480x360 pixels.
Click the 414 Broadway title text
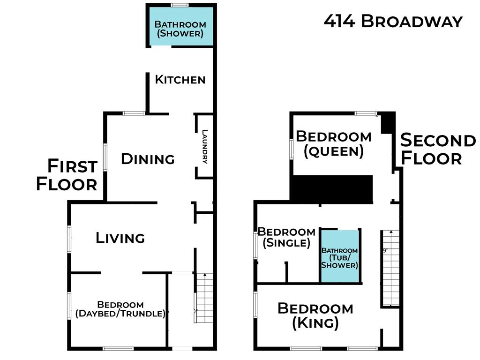coord(393,22)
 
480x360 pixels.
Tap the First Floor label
coord(67,175)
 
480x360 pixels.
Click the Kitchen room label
coord(180,80)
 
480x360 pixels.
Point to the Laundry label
coord(205,146)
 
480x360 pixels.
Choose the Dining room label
coord(148,159)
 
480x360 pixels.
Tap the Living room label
coord(120,238)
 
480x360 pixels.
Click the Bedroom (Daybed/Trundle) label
coord(120,309)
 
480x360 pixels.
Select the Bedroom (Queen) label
coord(333,144)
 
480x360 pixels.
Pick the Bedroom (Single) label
coord(286,237)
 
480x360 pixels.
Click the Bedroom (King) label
coord(315,315)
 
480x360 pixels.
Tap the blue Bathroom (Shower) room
coord(180,29)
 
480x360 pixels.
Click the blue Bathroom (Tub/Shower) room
coord(339,257)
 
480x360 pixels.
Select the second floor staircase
coord(390,267)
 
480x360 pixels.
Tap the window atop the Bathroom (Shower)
coord(180,5)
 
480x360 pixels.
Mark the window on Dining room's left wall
coord(105,157)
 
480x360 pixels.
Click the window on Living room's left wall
coord(69,239)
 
